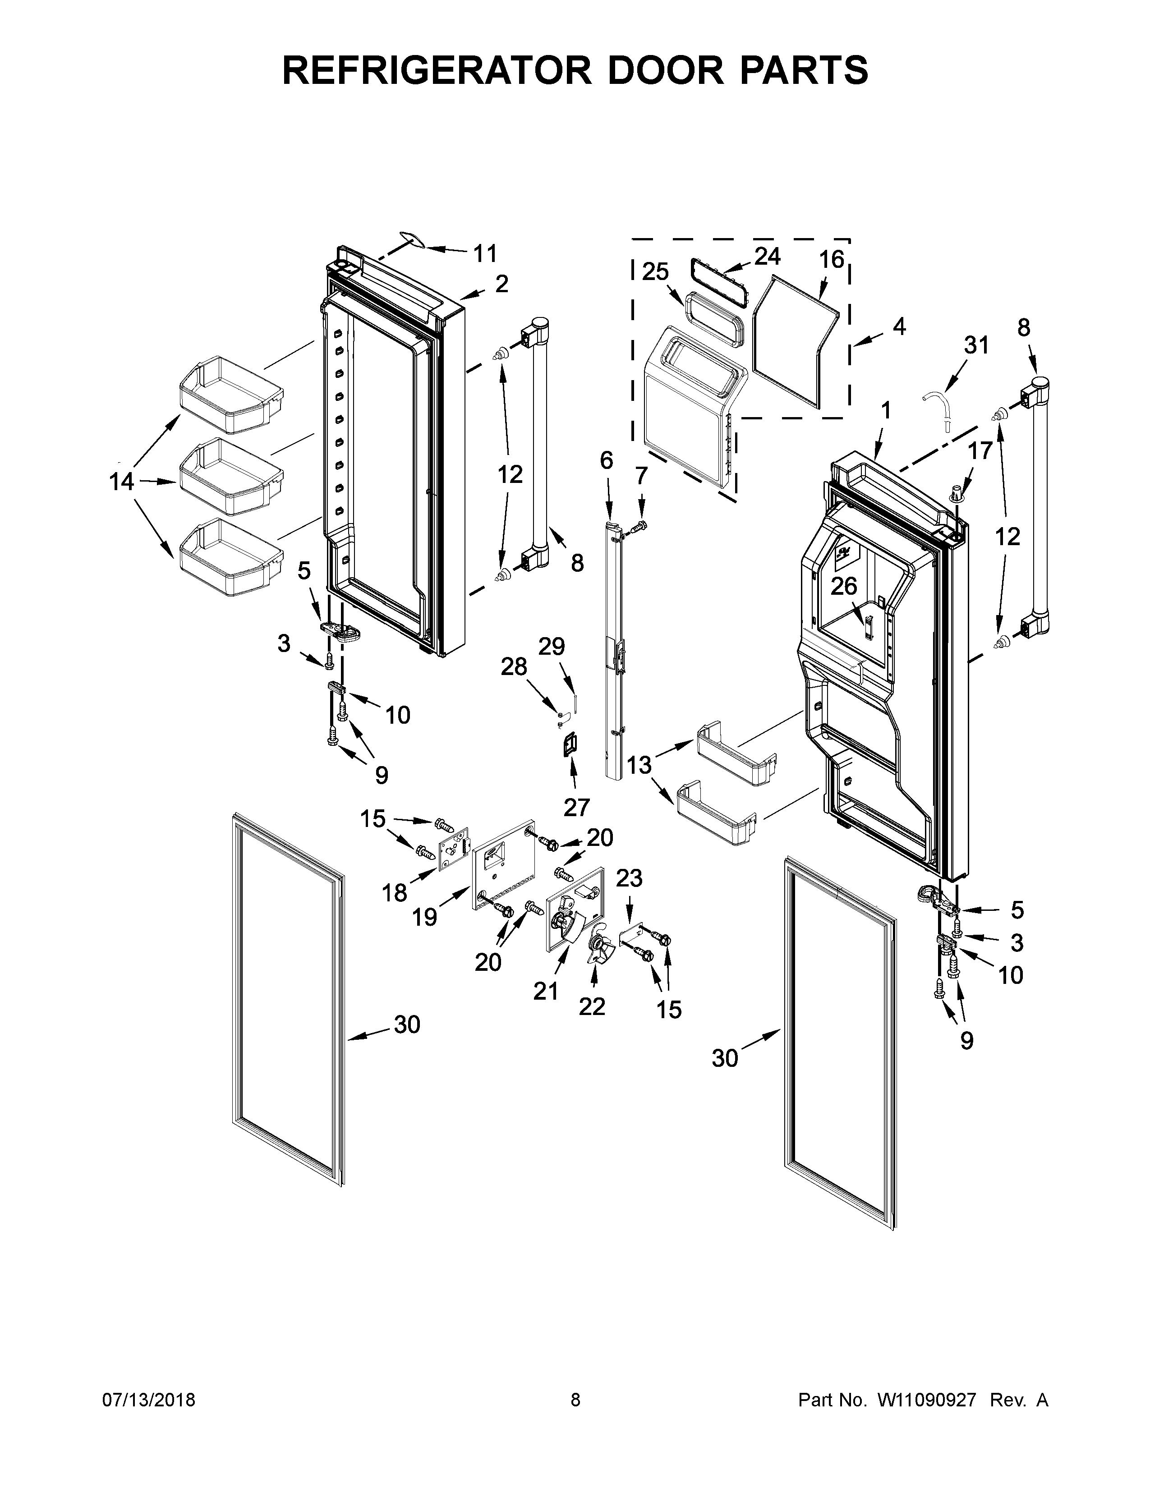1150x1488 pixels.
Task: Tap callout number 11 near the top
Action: (485, 254)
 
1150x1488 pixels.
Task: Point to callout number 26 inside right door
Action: (843, 587)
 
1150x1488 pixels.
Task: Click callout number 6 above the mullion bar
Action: (606, 461)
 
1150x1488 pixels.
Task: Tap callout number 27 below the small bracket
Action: (576, 808)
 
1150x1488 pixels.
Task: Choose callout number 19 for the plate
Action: (424, 918)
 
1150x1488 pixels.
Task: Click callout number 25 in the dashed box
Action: (655, 272)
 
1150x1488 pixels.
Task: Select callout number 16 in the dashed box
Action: (831, 260)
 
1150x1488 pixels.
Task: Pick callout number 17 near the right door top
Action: (980, 450)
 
